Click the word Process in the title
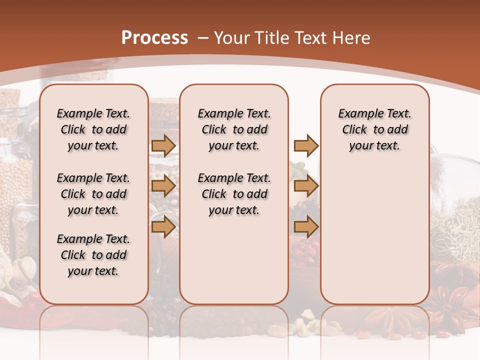(154, 38)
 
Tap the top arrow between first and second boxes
(163, 145)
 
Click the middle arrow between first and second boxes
(163, 186)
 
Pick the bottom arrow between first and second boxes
(163, 227)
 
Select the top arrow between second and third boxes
(306, 145)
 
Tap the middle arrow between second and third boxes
(306, 186)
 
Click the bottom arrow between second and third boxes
(306, 227)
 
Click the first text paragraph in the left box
(93, 129)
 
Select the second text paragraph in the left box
(93, 194)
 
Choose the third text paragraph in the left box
(93, 255)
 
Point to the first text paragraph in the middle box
(234, 129)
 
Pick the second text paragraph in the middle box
(234, 194)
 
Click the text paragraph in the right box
(374, 129)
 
